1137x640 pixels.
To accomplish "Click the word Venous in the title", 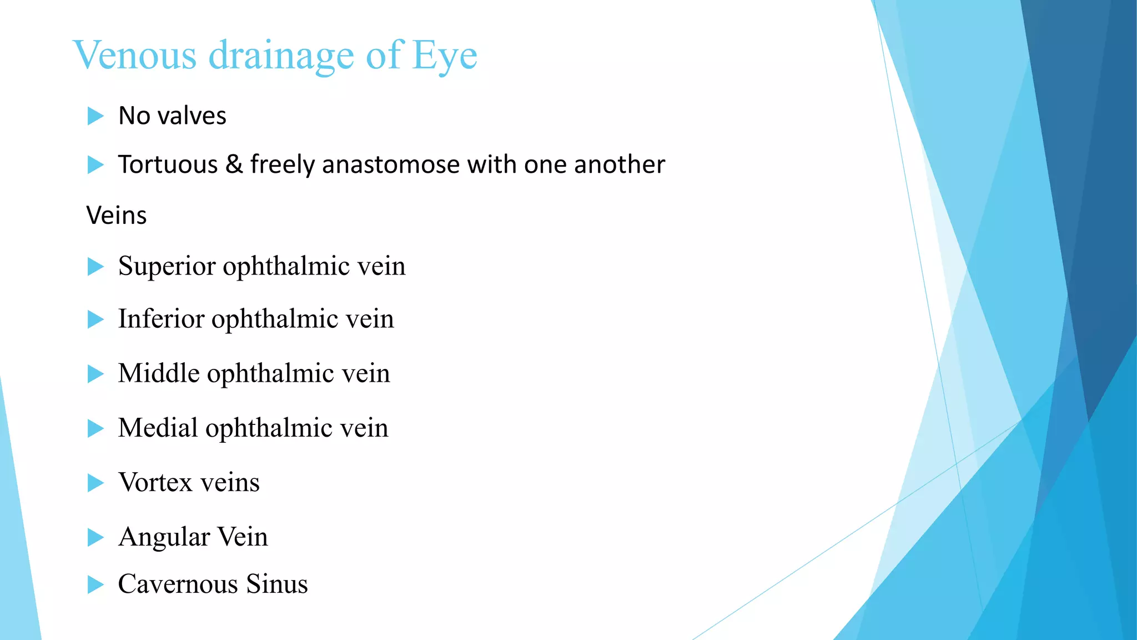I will (x=134, y=55).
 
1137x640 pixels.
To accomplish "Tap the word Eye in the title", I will (x=444, y=56).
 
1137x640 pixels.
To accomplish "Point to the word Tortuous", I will (x=168, y=164).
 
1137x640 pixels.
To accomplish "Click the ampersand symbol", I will (x=234, y=164).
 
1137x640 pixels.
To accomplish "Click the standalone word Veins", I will (x=117, y=215).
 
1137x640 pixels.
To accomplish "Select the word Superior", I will (x=167, y=266).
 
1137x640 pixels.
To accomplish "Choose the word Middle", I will (x=159, y=373).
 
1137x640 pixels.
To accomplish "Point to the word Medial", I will (x=158, y=428).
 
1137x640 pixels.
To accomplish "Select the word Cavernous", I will (x=178, y=584).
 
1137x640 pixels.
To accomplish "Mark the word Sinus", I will (x=276, y=584).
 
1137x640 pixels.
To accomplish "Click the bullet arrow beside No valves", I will (x=95, y=116).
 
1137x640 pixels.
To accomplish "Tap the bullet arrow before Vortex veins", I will (x=95, y=483).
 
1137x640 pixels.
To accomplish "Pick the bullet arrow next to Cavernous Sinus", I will (x=95, y=584).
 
